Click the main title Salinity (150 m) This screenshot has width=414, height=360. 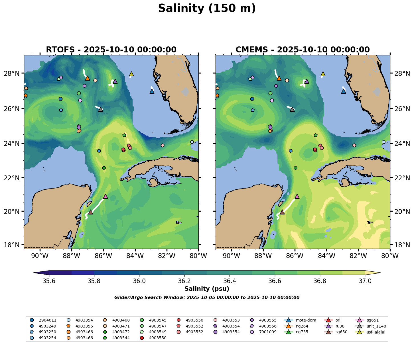click(x=207, y=9)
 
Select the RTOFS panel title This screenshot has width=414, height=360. click(x=111, y=50)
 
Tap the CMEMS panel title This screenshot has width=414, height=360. click(x=303, y=50)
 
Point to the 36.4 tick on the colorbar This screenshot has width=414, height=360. click(x=230, y=281)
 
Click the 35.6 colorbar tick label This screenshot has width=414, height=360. click(x=49, y=281)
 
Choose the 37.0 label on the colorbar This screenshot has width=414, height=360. click(x=365, y=281)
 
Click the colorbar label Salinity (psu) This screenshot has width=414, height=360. click(x=207, y=289)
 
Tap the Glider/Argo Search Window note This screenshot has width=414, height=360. click(x=207, y=298)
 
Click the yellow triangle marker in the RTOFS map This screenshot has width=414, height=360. click(x=131, y=74)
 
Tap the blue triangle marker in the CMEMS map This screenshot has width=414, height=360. click(x=344, y=91)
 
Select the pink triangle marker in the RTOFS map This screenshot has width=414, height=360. click(x=105, y=197)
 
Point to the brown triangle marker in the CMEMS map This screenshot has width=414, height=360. click(x=282, y=212)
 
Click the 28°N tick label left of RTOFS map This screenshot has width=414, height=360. click(x=13, y=73)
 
